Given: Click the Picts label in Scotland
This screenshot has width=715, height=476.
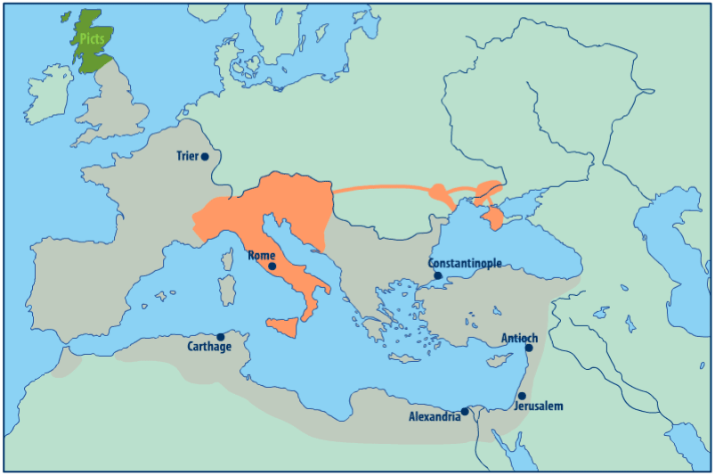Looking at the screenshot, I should (x=92, y=39).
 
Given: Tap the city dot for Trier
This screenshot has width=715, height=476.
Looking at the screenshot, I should (x=205, y=156).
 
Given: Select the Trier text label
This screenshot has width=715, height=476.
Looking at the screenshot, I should (x=187, y=156).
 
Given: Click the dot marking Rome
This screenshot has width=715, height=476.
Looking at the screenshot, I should (x=272, y=266).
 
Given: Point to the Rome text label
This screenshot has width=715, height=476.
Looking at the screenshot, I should (x=261, y=255).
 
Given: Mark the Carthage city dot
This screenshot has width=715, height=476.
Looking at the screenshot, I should (x=221, y=337).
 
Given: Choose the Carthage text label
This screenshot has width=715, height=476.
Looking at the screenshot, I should (x=209, y=347).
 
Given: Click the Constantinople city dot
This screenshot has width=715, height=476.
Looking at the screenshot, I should (x=438, y=275).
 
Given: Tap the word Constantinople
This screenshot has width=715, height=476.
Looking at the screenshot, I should (x=465, y=263).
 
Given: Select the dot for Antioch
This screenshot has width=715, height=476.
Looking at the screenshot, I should (x=528, y=348).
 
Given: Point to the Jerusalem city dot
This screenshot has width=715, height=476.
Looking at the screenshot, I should (x=522, y=396).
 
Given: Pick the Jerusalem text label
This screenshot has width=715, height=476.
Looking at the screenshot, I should (x=540, y=406).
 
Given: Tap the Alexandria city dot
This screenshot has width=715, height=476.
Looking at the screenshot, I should (x=465, y=411).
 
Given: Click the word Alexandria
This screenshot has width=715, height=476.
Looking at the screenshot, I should (x=435, y=416).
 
